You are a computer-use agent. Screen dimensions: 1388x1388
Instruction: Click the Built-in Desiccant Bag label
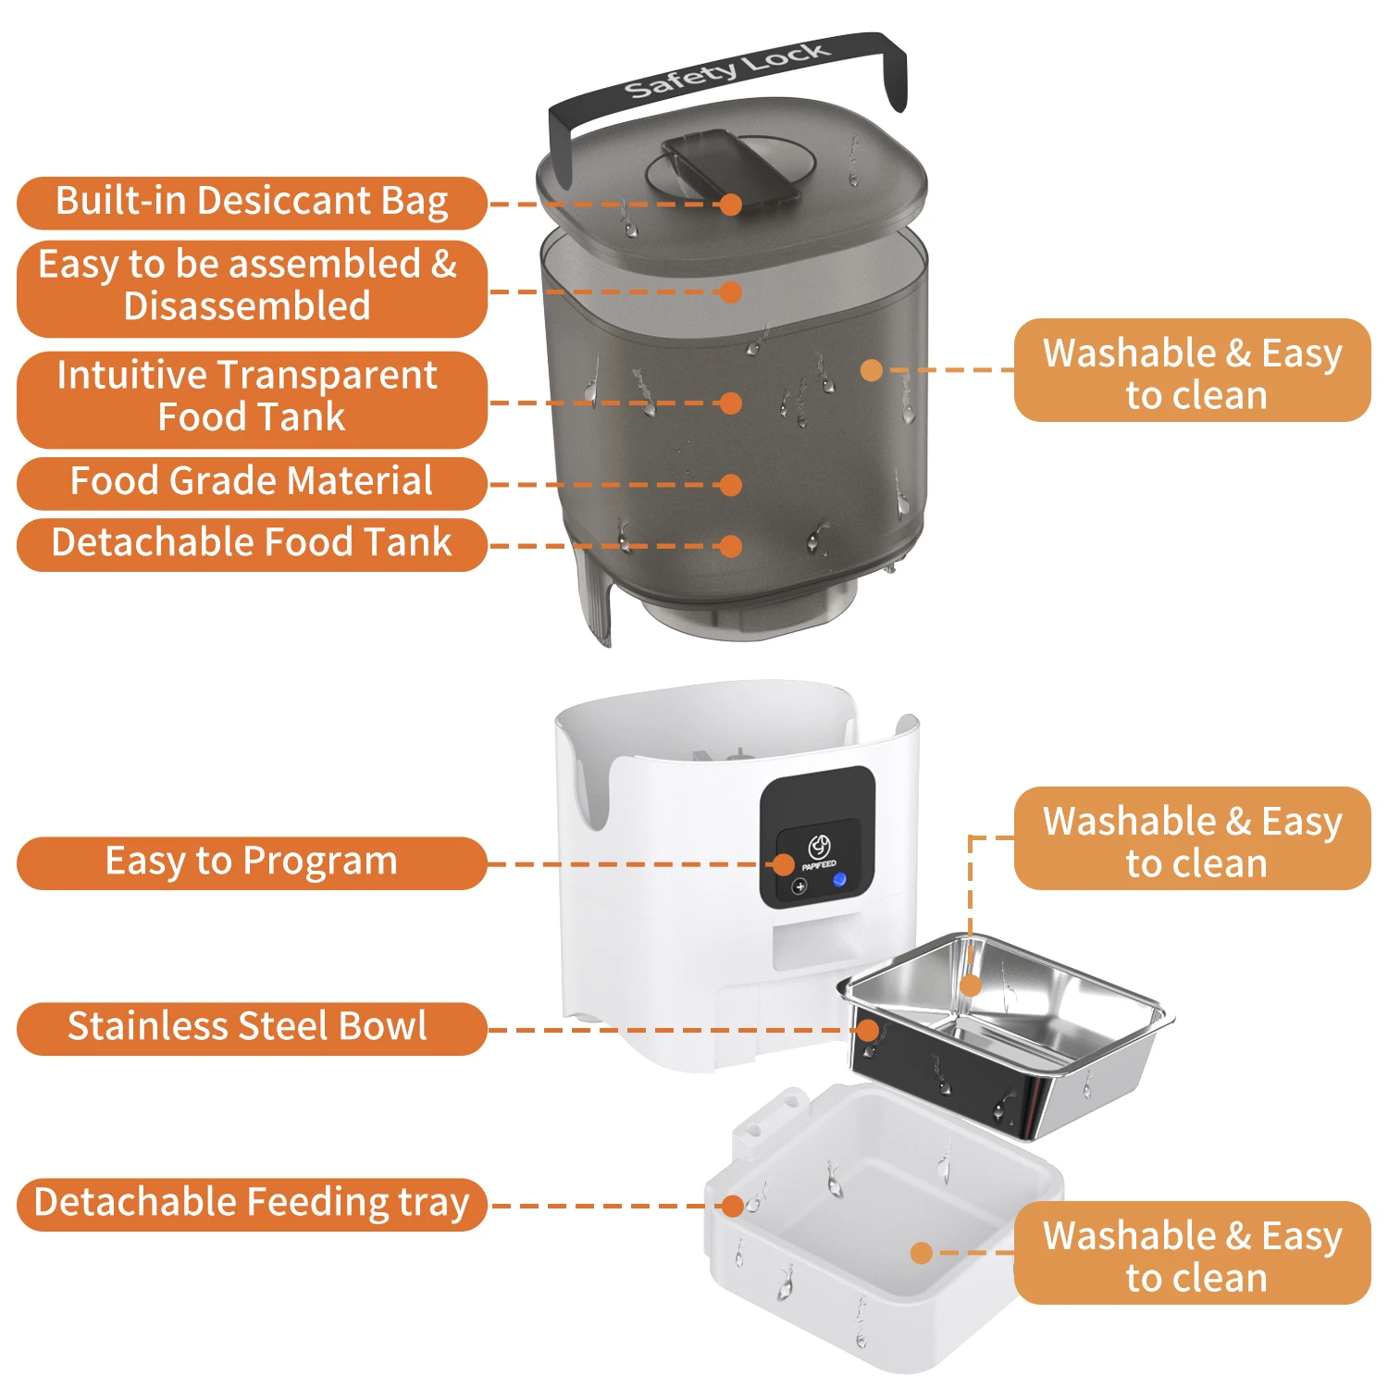tap(252, 203)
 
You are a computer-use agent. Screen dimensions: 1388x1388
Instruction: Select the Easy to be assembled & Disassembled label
tap(252, 289)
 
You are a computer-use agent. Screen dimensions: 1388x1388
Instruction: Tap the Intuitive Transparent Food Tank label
tap(252, 400)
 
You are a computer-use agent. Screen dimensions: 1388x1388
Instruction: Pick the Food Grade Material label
tap(252, 483)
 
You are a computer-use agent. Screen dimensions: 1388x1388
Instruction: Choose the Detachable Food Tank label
tap(252, 545)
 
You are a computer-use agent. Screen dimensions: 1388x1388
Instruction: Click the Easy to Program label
tap(252, 863)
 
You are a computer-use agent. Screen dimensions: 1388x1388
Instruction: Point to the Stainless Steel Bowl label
tap(252, 1029)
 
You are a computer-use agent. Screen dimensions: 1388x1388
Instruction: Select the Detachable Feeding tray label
tap(252, 1205)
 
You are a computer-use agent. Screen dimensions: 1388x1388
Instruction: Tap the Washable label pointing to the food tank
tap(1193, 370)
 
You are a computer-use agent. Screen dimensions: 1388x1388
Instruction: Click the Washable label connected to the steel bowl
tap(1193, 838)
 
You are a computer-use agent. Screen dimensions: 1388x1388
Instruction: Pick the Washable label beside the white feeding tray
tap(1193, 1253)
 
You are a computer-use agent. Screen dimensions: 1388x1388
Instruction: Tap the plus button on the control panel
tap(799, 886)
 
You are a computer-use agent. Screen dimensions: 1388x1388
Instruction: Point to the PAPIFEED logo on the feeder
tap(818, 852)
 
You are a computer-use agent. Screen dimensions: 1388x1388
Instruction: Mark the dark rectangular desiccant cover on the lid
tap(731, 167)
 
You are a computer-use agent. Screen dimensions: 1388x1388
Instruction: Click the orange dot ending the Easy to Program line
tap(784, 864)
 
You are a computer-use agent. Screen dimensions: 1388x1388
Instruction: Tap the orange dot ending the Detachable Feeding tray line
tap(733, 1206)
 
